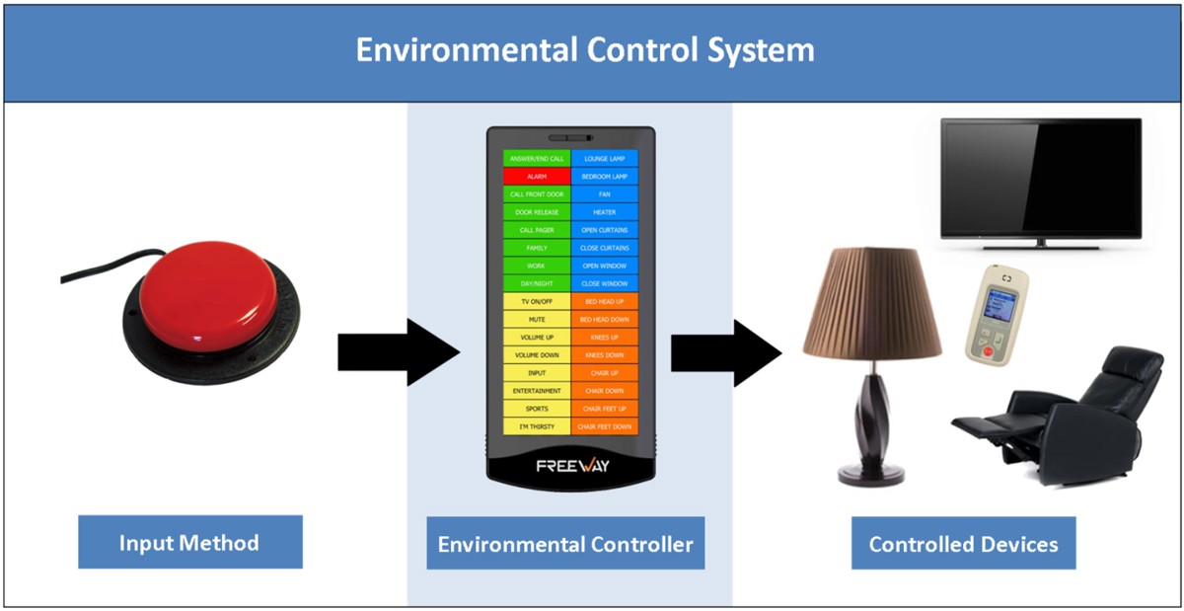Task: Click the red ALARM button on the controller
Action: (537, 176)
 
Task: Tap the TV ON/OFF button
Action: (537, 300)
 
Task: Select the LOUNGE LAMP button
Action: (605, 158)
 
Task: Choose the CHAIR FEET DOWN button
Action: (605, 426)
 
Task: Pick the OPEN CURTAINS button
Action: (605, 229)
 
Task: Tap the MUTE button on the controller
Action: (537, 319)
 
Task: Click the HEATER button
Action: (605, 211)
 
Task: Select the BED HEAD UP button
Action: (605, 300)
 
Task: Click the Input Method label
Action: (189, 542)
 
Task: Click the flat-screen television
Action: (1040, 179)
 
